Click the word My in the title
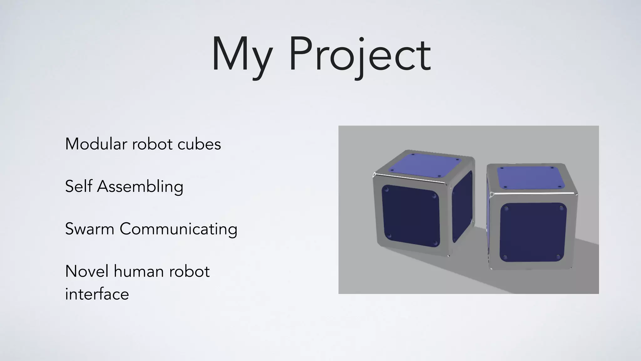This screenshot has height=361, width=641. click(x=241, y=56)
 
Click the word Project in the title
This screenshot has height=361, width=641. click(x=360, y=56)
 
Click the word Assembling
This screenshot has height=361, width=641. click(x=140, y=187)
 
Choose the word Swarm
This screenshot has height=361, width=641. click(x=90, y=229)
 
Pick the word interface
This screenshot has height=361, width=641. click(x=97, y=294)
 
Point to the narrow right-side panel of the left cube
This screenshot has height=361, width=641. click(x=462, y=207)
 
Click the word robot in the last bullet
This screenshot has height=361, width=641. click(x=189, y=271)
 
